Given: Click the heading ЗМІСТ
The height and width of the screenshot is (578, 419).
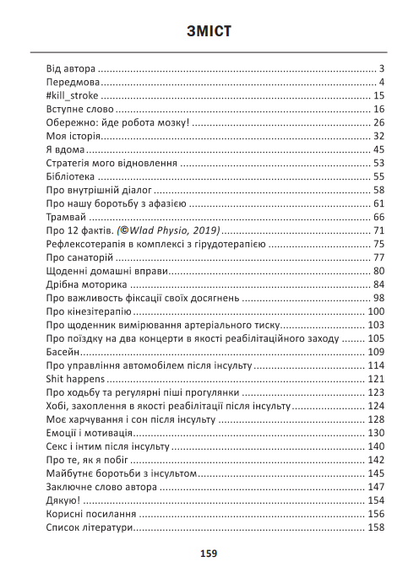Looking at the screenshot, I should click(209, 33).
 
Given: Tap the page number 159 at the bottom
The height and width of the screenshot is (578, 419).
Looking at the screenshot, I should click(209, 554).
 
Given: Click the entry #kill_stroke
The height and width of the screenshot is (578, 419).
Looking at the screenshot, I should click(73, 96).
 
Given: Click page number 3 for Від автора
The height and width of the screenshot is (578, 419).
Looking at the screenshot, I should click(382, 69).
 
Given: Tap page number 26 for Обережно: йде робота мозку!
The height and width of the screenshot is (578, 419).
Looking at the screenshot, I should click(378, 122).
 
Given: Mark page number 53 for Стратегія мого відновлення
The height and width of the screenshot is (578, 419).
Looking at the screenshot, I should click(378, 163).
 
